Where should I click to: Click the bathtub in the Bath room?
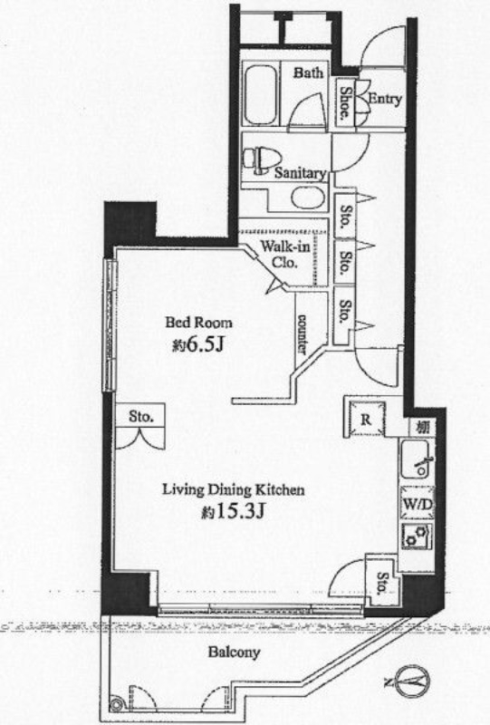259,95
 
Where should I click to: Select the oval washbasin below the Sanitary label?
305,198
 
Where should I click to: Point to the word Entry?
385,99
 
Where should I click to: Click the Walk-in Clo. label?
284,254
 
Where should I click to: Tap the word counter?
303,333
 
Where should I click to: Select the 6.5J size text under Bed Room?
198,344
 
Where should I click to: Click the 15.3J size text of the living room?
233,511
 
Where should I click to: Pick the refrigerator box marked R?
366,419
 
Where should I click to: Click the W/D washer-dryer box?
417,504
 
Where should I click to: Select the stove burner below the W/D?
417,536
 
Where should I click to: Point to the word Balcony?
234,652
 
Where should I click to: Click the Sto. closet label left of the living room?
141,416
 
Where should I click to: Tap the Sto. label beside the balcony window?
383,583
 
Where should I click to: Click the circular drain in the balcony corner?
117,704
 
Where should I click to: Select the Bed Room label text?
198,322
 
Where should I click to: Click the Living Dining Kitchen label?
233,489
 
